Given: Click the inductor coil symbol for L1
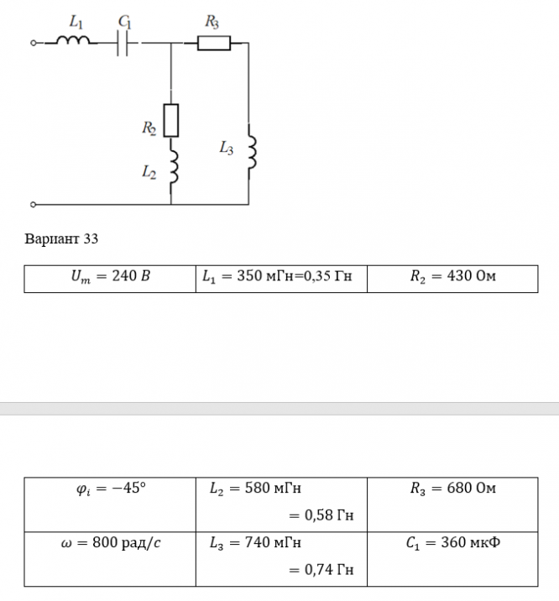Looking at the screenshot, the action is point(73,39).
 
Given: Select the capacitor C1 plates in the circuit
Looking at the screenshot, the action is point(123,43).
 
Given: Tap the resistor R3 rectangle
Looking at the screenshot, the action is point(214,43).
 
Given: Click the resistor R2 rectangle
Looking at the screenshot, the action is point(171,120).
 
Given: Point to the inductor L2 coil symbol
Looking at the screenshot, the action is point(175,167).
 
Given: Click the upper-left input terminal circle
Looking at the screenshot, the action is point(34,43).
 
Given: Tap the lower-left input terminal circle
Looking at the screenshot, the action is point(34,205).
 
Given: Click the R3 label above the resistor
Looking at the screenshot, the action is point(212,22).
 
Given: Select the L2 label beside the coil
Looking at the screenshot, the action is point(149,172).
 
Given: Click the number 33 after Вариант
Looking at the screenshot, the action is point(91,238).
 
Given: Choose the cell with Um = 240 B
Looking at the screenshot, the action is point(110,279).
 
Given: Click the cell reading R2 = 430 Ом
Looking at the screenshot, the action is point(452,279).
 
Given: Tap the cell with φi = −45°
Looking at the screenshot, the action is point(110,504).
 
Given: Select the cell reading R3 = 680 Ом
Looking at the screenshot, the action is point(452,504).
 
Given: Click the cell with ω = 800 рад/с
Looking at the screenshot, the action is point(110,559).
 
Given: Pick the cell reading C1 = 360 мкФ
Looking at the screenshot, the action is point(452,559).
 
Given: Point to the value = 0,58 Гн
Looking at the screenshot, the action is point(321,515).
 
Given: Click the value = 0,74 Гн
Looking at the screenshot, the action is point(321,570).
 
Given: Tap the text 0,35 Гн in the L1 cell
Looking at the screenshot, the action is point(327,276).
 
